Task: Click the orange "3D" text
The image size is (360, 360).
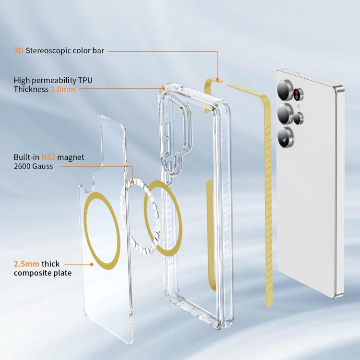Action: pos(19,50)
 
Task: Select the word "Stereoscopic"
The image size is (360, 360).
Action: pos(47,51)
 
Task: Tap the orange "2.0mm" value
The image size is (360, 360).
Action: pos(63,89)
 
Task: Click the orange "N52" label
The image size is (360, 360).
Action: pos(48,157)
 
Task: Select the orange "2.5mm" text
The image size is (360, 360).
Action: pos(26,264)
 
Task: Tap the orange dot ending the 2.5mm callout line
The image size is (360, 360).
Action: pos(92,264)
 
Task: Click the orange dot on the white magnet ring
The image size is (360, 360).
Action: pos(132,182)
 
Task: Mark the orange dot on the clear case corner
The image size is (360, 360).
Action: pos(163,89)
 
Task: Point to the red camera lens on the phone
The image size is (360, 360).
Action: pos(298,94)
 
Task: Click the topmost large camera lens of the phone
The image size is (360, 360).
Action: pos(284,90)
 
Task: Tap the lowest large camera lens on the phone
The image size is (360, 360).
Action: pos(285,137)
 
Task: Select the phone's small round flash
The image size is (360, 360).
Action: pos(299,106)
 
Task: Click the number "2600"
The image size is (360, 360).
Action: pos(22,166)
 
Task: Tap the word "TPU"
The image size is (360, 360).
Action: pos(85,80)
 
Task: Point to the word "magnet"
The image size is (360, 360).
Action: pos(71,158)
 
